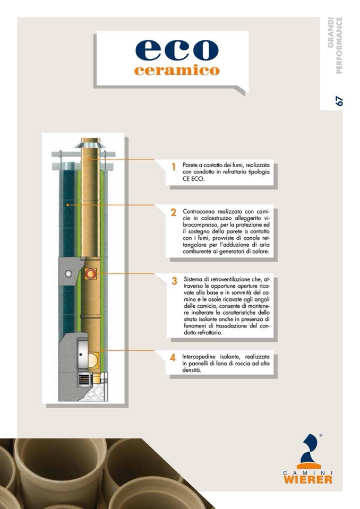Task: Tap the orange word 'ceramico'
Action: pyautogui.click(x=176, y=71)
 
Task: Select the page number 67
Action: pyautogui.click(x=339, y=100)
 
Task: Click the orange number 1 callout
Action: pyautogui.click(x=174, y=167)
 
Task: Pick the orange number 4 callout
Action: pyautogui.click(x=173, y=358)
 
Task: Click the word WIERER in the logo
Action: pyautogui.click(x=308, y=479)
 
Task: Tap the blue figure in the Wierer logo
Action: pyautogui.click(x=309, y=449)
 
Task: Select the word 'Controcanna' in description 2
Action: pyautogui.click(x=199, y=211)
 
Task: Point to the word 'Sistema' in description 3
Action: pyautogui.click(x=194, y=279)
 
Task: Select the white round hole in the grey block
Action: pyautogui.click(x=68, y=273)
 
